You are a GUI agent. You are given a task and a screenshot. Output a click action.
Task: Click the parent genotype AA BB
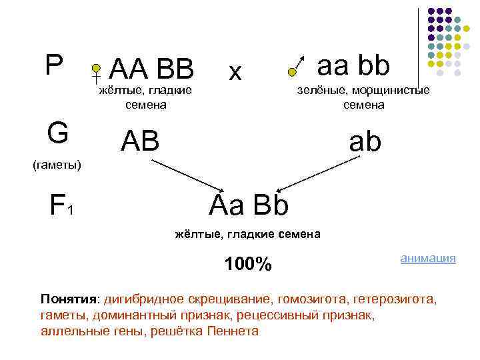point(151,68)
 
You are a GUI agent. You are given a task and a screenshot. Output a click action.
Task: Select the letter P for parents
point(53,65)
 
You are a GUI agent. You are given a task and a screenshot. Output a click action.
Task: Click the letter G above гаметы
point(58,132)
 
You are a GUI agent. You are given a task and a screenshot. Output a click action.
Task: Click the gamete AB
point(140,141)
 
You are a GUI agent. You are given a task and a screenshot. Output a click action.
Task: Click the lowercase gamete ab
point(364,141)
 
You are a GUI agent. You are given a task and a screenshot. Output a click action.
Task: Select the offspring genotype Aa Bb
point(248,205)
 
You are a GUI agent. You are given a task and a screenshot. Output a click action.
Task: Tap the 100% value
point(247,265)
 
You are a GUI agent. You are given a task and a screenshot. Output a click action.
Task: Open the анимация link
point(427,258)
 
